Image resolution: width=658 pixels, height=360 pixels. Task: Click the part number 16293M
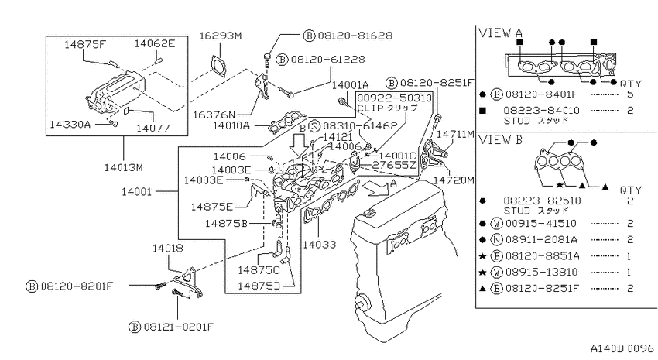coord(221,36)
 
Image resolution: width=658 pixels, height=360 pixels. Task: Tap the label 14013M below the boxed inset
coord(124,168)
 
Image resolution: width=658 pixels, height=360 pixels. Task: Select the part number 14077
coord(153,128)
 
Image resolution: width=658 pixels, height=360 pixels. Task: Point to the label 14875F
coord(85,44)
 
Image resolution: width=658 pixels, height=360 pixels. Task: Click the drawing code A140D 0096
coord(622,348)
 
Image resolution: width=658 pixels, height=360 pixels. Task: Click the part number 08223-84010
coord(541,111)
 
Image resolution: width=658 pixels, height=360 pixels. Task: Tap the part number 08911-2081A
coord(541,239)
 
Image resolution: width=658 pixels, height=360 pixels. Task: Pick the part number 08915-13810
coord(542,272)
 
